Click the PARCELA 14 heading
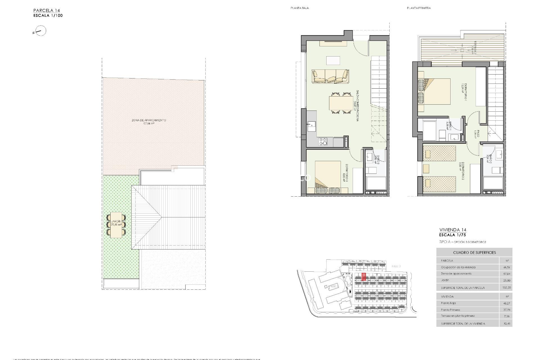pyautogui.click(x=47, y=11)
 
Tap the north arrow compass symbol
pyautogui.click(x=41, y=31)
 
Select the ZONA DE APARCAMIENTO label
pyautogui.click(x=149, y=121)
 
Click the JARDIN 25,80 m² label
pyautogui.click(x=116, y=223)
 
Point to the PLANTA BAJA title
pyautogui.click(x=300, y=8)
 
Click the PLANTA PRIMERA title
pyautogui.click(x=418, y=8)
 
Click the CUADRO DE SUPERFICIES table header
pyautogui.click(x=474, y=253)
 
